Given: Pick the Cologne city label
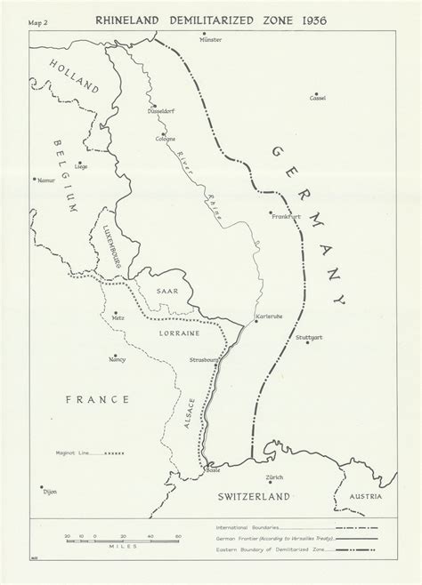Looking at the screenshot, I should [166, 138].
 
